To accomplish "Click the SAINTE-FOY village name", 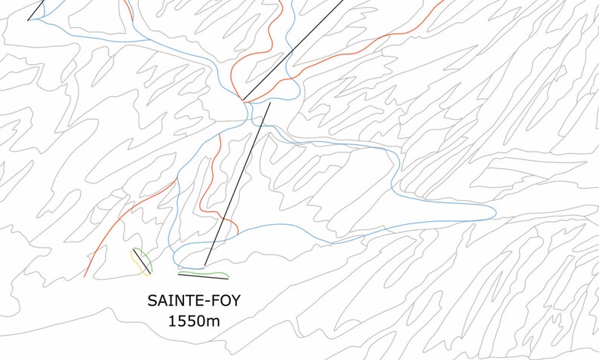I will point(195,301).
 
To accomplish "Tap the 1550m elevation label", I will point(195,321).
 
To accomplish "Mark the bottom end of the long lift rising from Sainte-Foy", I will point(204,267).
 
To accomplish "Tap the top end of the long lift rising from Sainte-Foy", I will point(269,103).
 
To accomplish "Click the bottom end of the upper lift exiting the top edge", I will point(243,100).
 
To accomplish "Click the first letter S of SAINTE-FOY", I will point(152,301).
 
